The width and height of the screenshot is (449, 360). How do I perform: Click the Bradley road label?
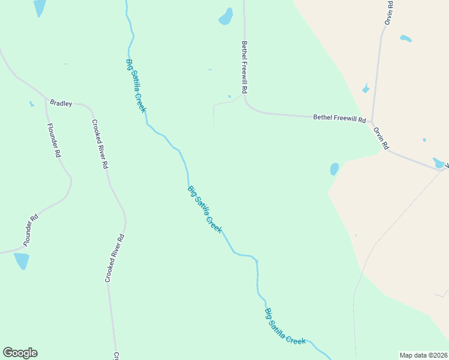(61, 103)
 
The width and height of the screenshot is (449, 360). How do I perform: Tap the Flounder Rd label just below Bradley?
(54, 140)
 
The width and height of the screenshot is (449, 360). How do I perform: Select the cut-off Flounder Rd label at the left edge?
(31, 229)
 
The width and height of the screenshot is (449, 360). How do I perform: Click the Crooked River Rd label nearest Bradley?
(100, 143)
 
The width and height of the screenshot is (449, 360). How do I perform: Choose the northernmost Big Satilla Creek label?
(136, 85)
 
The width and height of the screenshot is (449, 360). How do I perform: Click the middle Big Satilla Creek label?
(205, 209)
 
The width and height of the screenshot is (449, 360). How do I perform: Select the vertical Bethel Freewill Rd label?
(244, 67)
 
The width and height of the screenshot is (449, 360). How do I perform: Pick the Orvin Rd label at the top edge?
(389, 12)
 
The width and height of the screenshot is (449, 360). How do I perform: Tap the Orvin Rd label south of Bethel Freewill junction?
(381, 138)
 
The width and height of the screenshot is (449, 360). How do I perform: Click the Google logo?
(20, 353)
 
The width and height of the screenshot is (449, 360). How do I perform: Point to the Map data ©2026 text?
(424, 355)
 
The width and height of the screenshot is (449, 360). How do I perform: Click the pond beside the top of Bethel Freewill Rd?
(226, 16)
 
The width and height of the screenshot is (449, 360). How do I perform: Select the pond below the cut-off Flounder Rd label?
(22, 260)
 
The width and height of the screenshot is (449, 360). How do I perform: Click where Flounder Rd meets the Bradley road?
(46, 99)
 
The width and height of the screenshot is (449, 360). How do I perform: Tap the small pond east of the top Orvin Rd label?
(406, 38)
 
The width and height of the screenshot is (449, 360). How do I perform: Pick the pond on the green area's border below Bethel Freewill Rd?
(334, 169)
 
